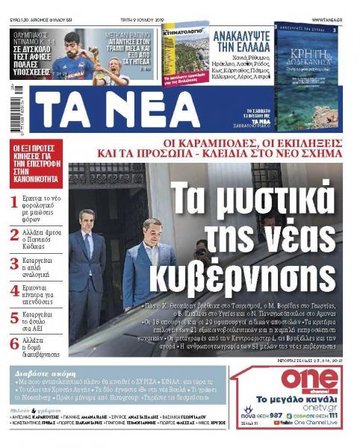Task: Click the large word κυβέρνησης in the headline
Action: coord(247,278)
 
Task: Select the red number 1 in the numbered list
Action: coord(14,201)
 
